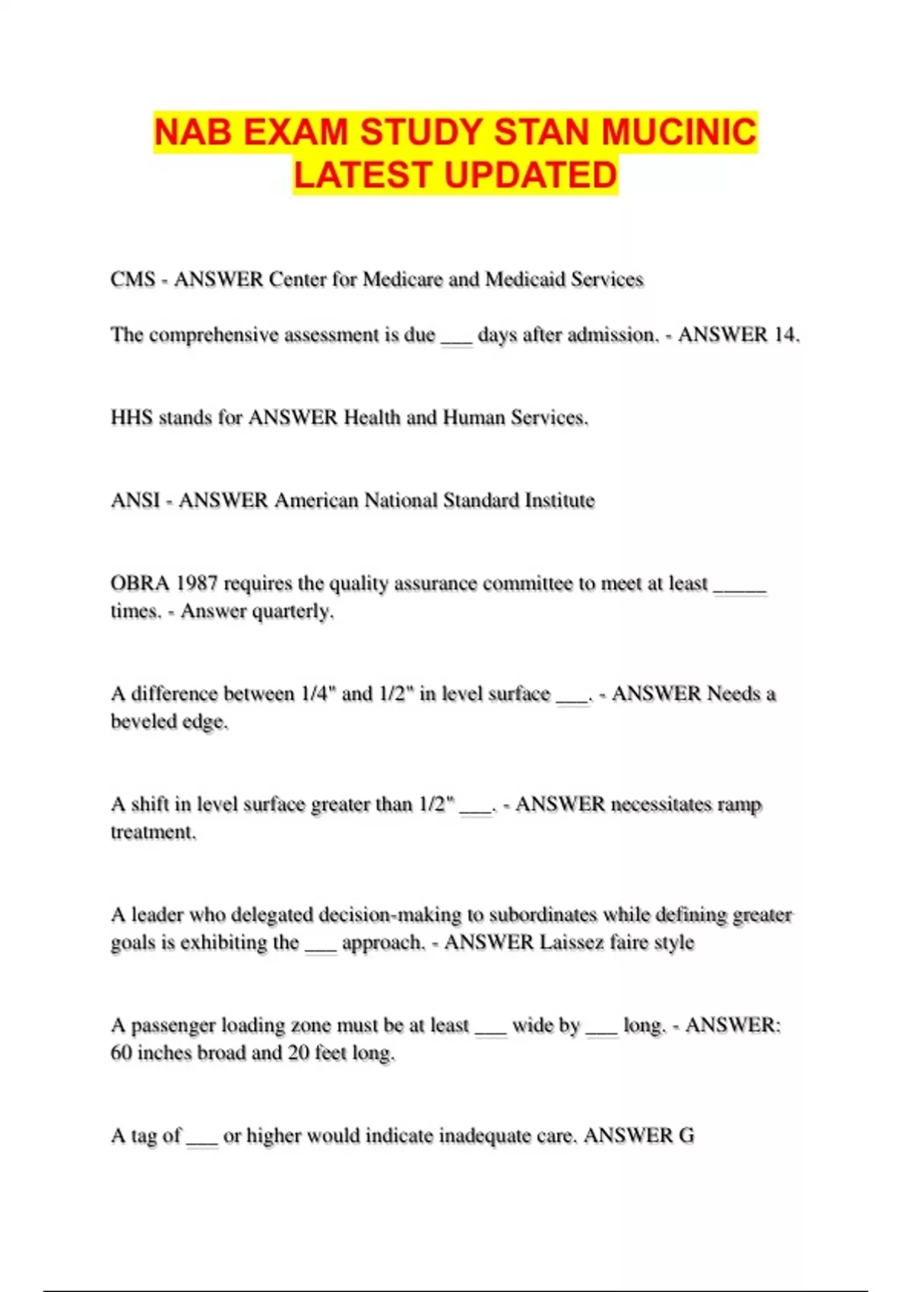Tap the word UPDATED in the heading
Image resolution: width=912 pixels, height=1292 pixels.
click(530, 175)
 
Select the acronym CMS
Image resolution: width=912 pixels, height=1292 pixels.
click(133, 280)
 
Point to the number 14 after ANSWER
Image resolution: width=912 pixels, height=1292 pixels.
click(784, 335)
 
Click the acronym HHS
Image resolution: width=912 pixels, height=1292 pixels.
click(131, 417)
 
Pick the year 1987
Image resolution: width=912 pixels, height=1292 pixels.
click(197, 583)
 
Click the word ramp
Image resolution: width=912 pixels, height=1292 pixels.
click(739, 804)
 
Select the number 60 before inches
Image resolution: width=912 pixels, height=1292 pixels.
click(121, 1053)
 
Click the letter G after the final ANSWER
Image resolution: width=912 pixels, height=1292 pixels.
click(686, 1135)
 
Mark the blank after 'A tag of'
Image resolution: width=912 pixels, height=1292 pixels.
click(202, 1138)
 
